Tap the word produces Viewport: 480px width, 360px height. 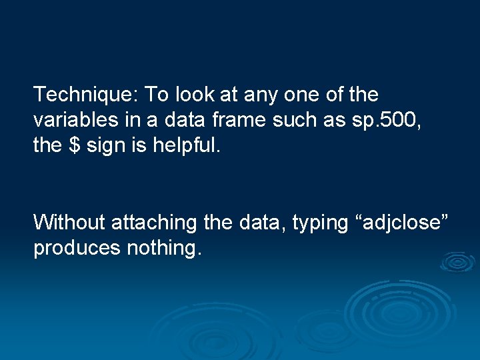click(x=69, y=249)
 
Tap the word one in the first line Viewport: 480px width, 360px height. click(x=303, y=95)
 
